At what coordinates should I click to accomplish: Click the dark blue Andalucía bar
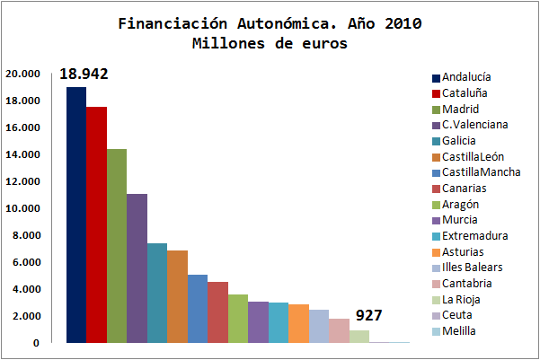75,215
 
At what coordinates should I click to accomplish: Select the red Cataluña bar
96,224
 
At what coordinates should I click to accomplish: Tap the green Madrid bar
117,246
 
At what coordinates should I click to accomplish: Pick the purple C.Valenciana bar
137,268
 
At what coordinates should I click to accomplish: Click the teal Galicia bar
157,293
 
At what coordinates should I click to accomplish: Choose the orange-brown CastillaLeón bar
177,296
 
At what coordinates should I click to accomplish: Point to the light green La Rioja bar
359,337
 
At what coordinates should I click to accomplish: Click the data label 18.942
84,74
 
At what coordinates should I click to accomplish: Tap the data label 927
369,316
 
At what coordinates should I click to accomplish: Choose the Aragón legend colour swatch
437,205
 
